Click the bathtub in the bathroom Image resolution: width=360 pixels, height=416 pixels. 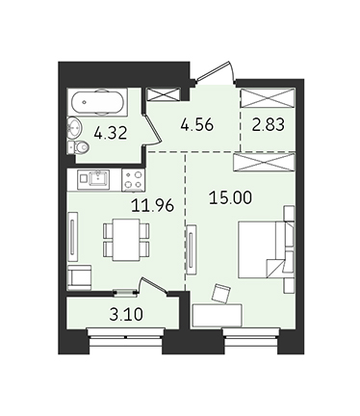tap(97, 102)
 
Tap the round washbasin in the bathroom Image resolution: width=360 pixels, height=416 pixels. tap(74, 128)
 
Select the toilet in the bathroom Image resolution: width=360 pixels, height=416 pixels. tap(78, 147)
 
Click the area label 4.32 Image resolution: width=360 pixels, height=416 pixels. tap(111, 133)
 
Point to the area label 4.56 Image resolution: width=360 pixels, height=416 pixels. tap(196, 124)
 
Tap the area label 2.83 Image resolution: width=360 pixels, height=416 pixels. tap(268, 124)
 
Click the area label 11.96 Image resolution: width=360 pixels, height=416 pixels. tap(152, 205)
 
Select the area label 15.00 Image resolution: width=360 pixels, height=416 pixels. tap(230, 197)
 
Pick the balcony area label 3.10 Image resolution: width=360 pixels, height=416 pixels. tap(126, 315)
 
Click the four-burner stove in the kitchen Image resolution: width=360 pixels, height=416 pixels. tap(133, 180)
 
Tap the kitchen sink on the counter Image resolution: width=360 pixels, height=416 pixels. tap(99, 178)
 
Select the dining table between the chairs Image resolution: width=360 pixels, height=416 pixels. tap(126, 239)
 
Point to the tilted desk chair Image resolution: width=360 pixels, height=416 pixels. tap(221, 293)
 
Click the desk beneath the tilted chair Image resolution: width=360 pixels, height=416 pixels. tap(217, 316)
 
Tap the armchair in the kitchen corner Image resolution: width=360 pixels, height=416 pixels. tap(80, 277)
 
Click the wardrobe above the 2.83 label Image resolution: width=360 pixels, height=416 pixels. tap(267, 97)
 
